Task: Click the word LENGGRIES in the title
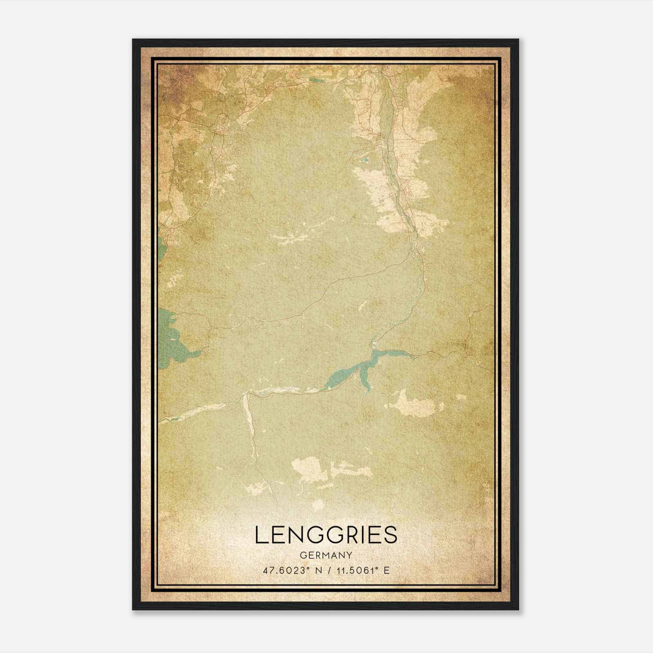point(326,534)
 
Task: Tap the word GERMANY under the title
point(326,555)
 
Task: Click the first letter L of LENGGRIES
point(261,534)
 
